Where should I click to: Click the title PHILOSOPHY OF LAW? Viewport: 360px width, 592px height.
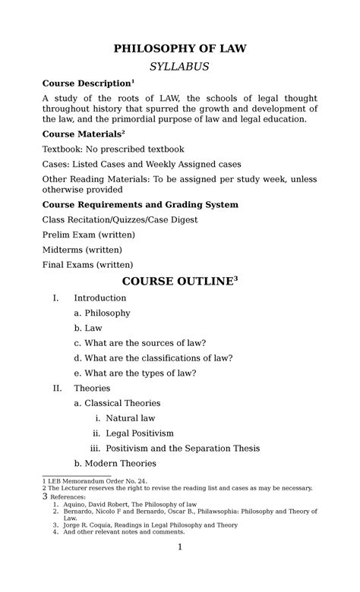(180, 49)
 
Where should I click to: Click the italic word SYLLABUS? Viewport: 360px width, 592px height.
(180, 67)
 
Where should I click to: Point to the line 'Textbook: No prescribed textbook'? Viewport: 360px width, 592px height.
(112, 149)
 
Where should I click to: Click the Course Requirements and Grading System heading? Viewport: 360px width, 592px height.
(141, 204)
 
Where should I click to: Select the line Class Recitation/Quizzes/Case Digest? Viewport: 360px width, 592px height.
(120, 219)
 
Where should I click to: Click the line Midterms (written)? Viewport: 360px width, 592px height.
(81, 249)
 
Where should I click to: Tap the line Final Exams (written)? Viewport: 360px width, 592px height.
(87, 264)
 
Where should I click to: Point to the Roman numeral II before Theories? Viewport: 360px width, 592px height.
(57, 388)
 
